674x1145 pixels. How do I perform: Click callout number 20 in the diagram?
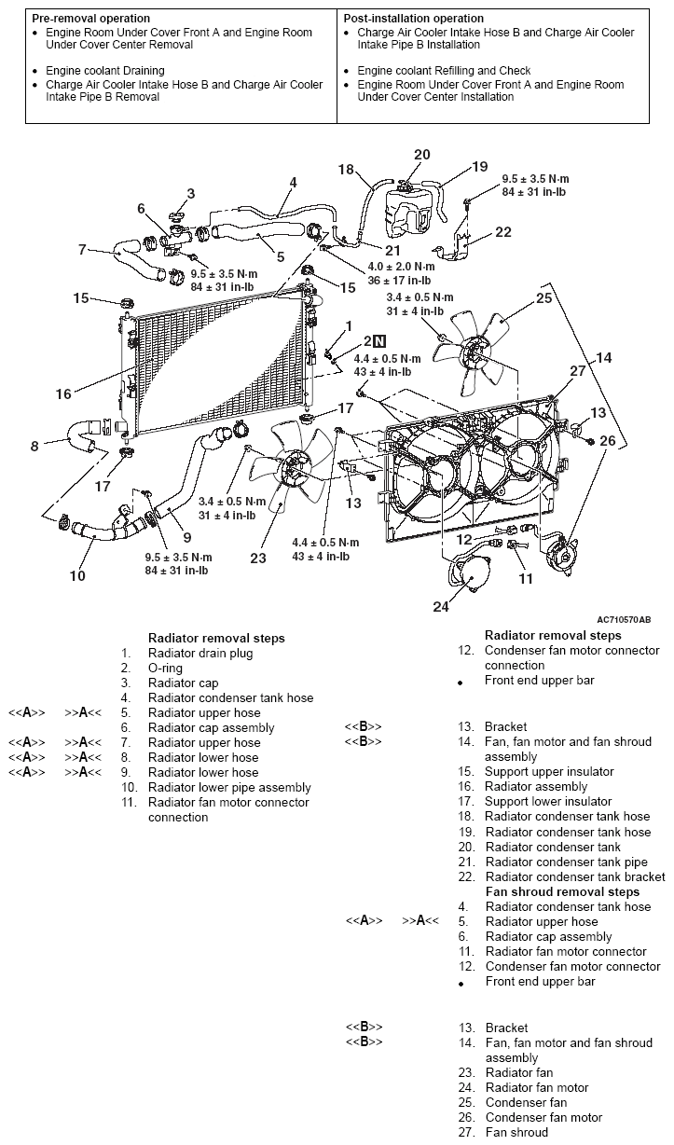pos(422,155)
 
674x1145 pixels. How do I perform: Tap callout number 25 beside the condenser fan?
pos(544,298)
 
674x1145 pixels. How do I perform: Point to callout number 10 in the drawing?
pos(76,575)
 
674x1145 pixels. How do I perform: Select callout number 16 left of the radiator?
pos(62,393)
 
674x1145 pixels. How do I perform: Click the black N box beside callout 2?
pos(379,341)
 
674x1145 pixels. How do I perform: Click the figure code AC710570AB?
pos(624,619)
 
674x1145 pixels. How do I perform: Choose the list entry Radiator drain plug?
pos(199,653)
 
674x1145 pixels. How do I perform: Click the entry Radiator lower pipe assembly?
pos(228,787)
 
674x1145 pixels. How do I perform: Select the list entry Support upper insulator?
pos(548,771)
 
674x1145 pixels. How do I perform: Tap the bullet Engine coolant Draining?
pos(104,70)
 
